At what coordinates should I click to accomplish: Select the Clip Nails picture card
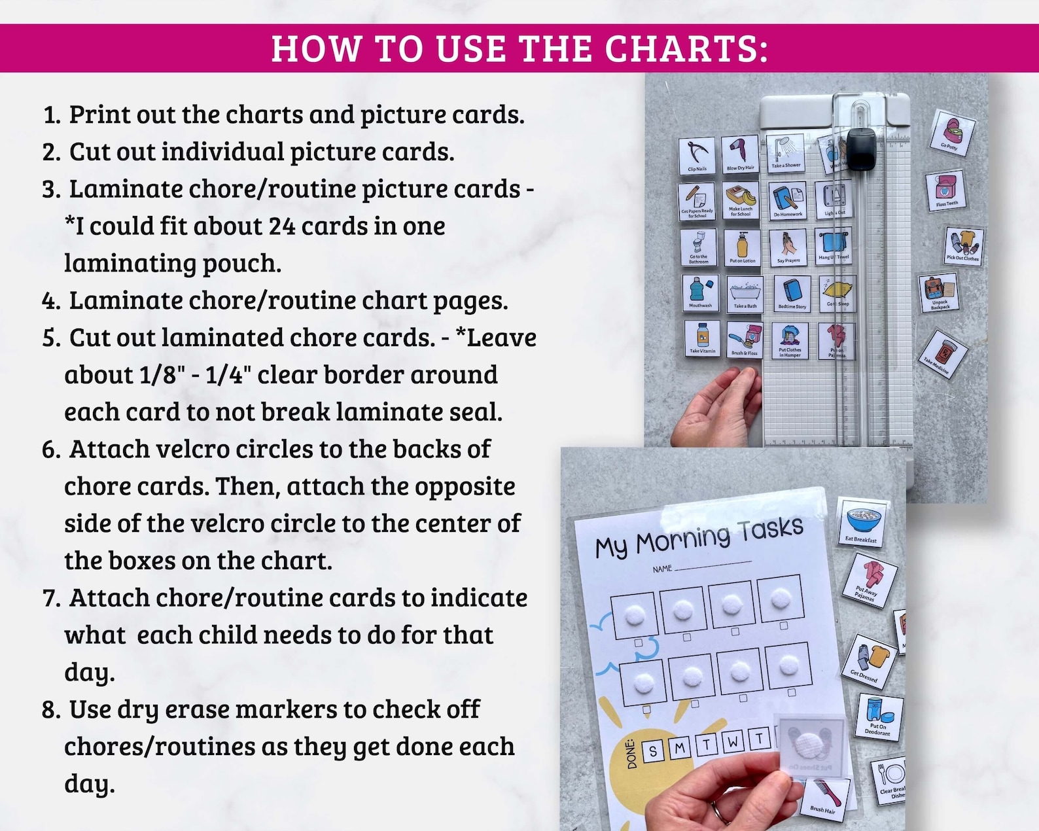(697, 156)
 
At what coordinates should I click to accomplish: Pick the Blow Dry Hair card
(740, 154)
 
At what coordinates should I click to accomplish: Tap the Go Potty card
(952, 133)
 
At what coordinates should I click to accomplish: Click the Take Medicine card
(942, 354)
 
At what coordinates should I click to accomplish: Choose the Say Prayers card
(788, 247)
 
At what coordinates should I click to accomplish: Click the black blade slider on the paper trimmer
(861, 149)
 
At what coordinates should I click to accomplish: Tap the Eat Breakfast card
(862, 522)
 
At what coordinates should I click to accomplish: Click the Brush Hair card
(826, 798)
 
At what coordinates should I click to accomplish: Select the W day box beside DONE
(733, 742)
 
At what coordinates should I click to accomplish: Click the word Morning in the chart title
(683, 539)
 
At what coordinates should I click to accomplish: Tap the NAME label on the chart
(662, 569)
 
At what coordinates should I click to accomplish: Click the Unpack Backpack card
(939, 292)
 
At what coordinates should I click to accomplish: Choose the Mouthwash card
(700, 292)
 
